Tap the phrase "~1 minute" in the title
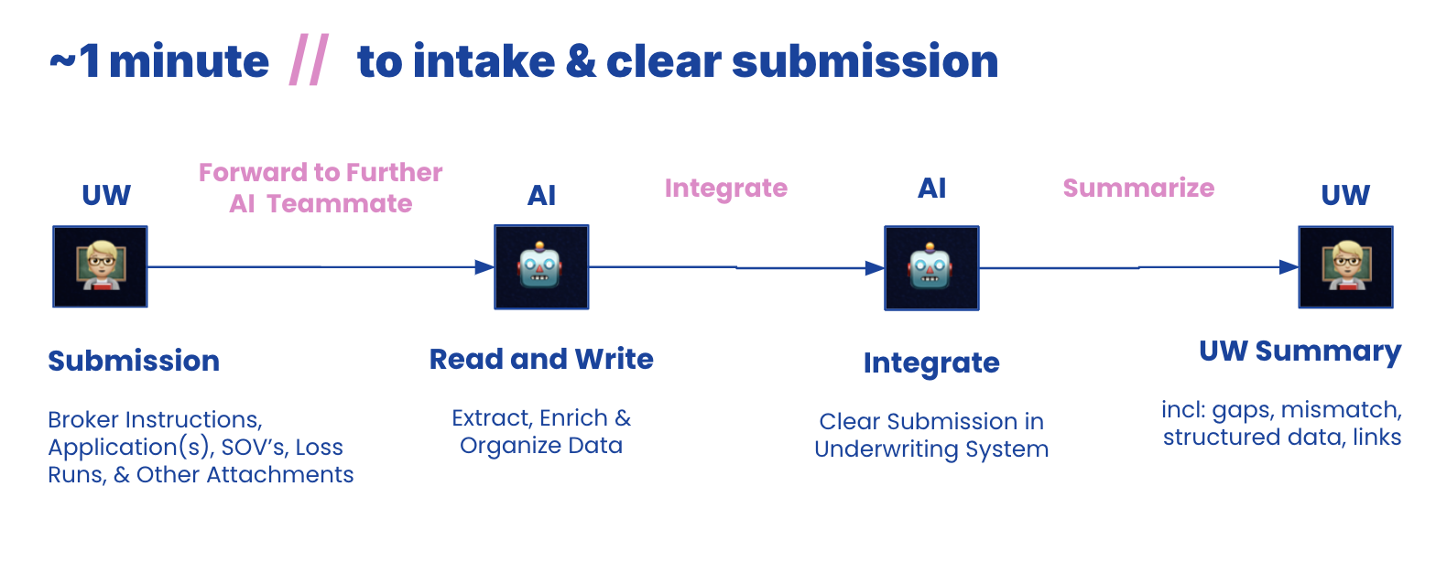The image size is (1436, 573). (x=159, y=62)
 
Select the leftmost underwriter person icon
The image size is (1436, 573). (x=100, y=266)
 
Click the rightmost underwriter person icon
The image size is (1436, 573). (x=1345, y=266)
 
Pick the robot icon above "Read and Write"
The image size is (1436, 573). (x=541, y=266)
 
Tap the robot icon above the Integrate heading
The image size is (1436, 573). (x=931, y=267)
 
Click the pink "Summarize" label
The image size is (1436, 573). (x=1138, y=188)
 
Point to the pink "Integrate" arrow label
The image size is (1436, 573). (x=726, y=188)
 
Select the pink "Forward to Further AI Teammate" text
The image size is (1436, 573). (x=321, y=188)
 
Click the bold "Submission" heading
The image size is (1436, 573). (x=134, y=361)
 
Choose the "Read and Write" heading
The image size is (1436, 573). (x=541, y=359)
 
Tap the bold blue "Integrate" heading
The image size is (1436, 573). (x=931, y=363)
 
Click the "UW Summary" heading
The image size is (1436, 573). (x=1300, y=351)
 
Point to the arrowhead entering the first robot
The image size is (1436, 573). (x=484, y=267)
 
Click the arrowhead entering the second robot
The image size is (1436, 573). (x=875, y=268)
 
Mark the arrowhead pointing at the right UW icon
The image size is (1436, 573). (x=1289, y=267)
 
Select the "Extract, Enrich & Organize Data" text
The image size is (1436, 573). (x=541, y=432)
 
